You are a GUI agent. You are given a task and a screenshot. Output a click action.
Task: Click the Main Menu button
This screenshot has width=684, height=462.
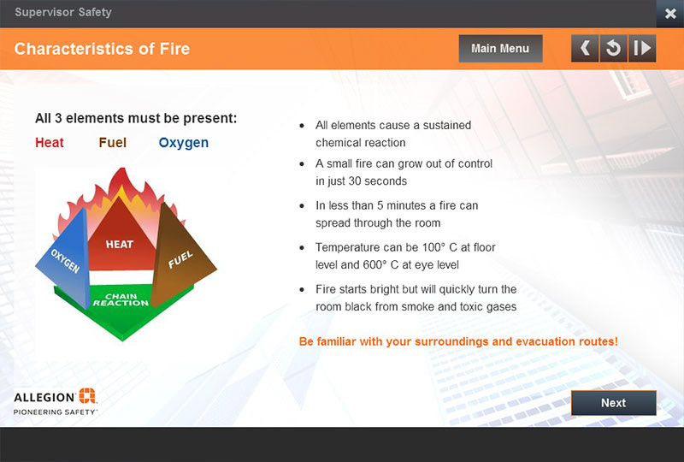coord(500,49)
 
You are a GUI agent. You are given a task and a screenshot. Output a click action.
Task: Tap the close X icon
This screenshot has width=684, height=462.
coord(670,14)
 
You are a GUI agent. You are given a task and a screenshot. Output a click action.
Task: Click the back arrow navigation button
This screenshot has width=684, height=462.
coord(585,48)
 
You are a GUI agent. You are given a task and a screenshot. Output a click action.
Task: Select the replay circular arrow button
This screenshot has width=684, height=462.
coord(613,48)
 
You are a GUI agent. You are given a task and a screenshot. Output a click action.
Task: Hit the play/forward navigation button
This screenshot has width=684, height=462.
coord(642,48)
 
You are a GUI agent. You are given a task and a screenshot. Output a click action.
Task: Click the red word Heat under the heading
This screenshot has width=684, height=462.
coord(50,143)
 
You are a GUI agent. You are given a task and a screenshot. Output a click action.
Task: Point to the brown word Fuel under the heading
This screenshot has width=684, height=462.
coord(113,143)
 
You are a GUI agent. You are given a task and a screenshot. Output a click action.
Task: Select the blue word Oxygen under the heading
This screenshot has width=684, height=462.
coord(184,143)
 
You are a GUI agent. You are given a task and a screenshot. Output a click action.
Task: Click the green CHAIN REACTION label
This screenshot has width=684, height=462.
coord(121,299)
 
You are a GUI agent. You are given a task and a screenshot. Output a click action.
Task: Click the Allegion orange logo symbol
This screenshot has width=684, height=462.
coord(87,395)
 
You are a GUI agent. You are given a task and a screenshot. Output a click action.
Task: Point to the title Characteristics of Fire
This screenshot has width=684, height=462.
coord(102,49)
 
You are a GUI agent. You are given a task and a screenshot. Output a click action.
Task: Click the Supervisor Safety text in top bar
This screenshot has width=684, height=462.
coord(63,12)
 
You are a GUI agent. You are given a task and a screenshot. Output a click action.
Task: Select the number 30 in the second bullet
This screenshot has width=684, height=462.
coord(354,181)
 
